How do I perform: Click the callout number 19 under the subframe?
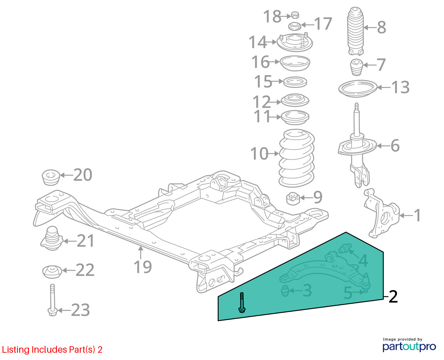coord(143,267)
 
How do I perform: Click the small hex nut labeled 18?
coord(295,15)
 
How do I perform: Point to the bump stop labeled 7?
coord(356,67)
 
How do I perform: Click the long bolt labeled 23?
coord(52,299)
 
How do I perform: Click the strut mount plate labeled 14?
coord(294,42)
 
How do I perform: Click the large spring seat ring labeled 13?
coord(358,88)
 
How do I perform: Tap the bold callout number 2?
coord(393,296)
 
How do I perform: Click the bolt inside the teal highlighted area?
coord(242,302)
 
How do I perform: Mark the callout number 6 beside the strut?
coord(395,146)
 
